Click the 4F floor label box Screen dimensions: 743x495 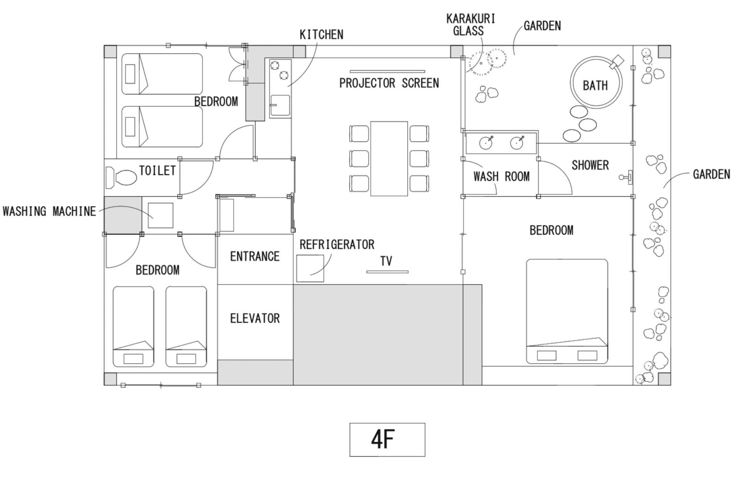click(x=387, y=440)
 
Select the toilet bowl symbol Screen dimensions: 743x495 click(x=121, y=178)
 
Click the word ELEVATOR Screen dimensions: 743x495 click(x=255, y=318)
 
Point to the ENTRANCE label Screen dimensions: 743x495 click(x=255, y=256)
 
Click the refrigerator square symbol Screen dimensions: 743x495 click(x=310, y=268)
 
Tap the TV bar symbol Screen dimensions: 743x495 click(x=387, y=272)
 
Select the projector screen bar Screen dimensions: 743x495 click(x=387, y=71)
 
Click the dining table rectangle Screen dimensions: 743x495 click(x=389, y=159)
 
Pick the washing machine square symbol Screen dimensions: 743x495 click(x=160, y=215)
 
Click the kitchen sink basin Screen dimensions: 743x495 click(x=280, y=106)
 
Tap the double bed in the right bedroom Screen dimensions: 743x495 click(x=567, y=311)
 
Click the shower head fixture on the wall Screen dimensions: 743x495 click(x=627, y=177)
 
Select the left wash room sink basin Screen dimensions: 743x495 click(x=486, y=143)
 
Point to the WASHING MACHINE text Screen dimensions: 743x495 click(x=49, y=211)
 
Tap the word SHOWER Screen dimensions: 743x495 click(x=590, y=165)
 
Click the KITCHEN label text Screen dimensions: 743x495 click(x=321, y=34)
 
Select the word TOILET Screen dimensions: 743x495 click(x=157, y=170)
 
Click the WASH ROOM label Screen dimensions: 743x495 click(x=501, y=177)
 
